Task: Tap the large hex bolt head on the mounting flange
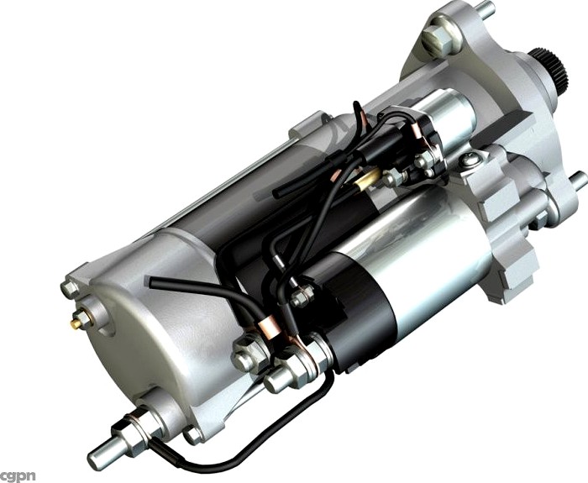pyautogui.click(x=438, y=37)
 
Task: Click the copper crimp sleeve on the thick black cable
pyautogui.click(x=267, y=325)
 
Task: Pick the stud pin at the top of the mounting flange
pyautogui.click(x=484, y=11)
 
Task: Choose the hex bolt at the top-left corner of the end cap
pyautogui.click(x=69, y=287)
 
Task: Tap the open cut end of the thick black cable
pyautogui.click(x=154, y=283)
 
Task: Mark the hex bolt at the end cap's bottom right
pyautogui.click(x=193, y=433)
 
